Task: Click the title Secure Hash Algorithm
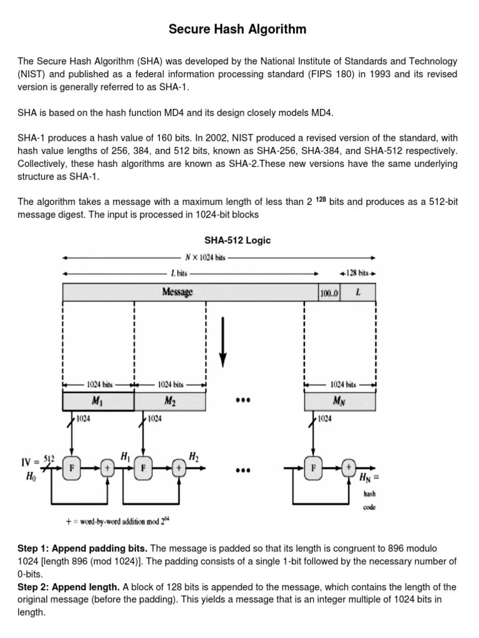pos(238,29)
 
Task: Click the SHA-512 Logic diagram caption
pos(238,240)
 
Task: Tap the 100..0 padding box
pos(329,292)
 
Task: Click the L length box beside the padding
pos(358,292)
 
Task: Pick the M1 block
pos(98,402)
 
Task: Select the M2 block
pos(170,402)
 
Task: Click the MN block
pos(340,402)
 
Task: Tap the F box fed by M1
pos(73,469)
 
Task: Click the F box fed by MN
pos(314,469)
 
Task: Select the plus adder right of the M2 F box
pos(180,469)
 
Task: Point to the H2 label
pos(195,457)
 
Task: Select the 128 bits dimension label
pos(359,273)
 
